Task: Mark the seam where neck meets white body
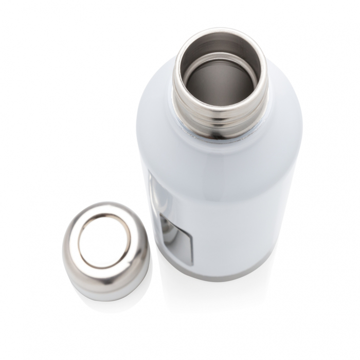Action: click(221, 136)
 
